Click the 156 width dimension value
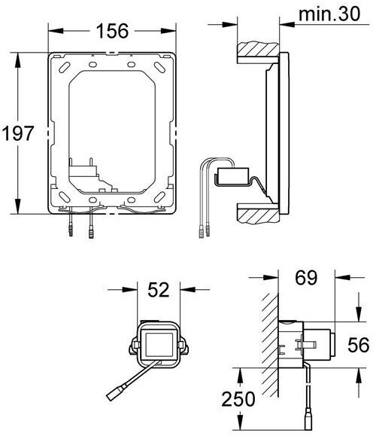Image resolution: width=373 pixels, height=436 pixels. tap(112, 31)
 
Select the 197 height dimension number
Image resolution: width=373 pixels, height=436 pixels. tap(18, 133)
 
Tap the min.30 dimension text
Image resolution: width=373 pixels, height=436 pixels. tap(329, 14)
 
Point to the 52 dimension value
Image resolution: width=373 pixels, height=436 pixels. tap(159, 290)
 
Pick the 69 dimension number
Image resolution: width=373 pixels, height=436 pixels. tap(306, 278)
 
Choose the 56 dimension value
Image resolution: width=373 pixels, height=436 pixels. tap(359, 345)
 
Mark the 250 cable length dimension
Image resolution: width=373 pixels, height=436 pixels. tap(238, 399)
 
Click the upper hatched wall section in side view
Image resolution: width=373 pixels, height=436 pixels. tap(257, 50)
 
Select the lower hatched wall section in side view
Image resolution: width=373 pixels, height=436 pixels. tap(257, 214)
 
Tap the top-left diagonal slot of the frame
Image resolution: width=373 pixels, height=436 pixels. tap(65, 68)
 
